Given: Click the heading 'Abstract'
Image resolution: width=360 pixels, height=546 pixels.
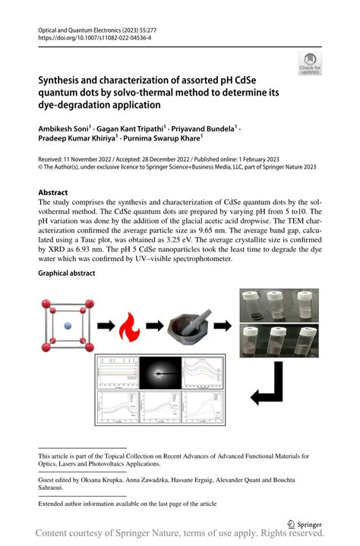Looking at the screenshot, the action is click(53, 193).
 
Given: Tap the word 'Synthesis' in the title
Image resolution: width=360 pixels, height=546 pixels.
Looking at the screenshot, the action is click(65, 80).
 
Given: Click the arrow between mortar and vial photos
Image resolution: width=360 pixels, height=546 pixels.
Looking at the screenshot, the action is click(225, 326).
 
